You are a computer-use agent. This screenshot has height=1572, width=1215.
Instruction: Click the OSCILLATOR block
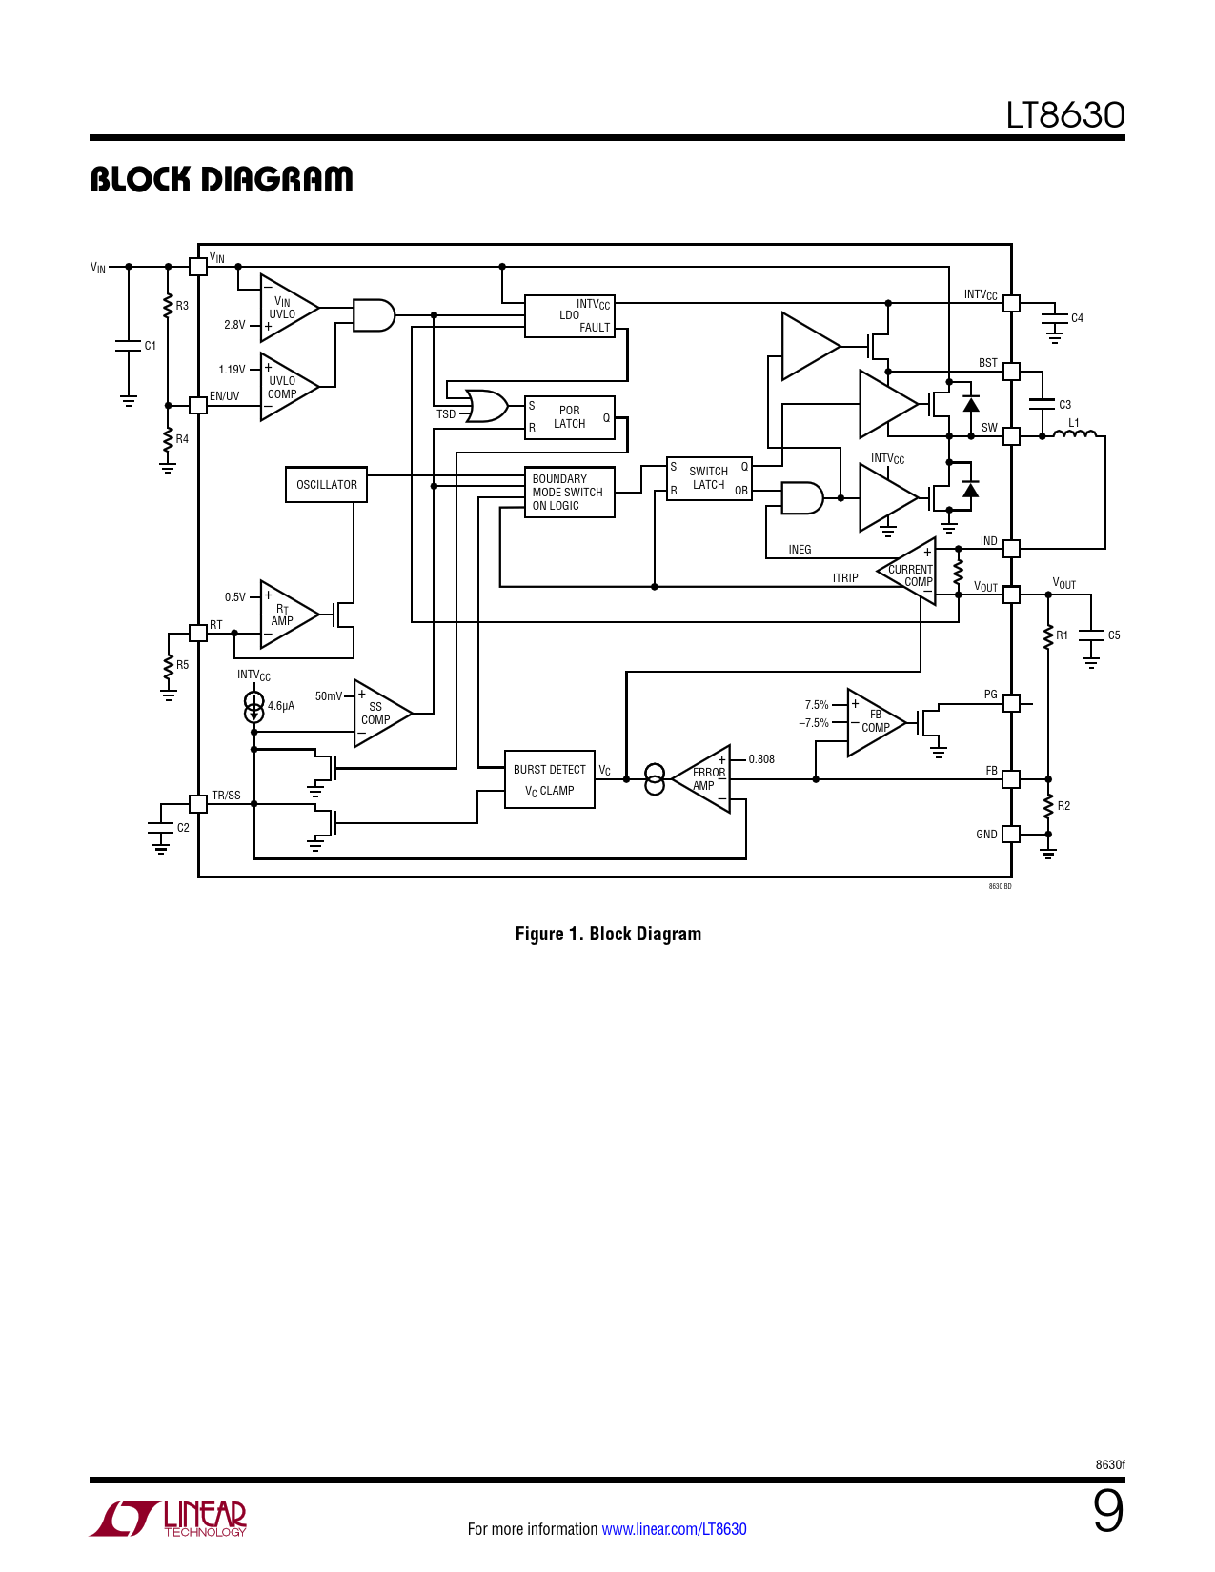pyautogui.click(x=326, y=484)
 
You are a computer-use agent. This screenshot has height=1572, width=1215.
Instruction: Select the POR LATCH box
pyautogui.click(x=569, y=417)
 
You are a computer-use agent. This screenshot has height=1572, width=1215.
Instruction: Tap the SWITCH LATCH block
pyautogui.click(x=708, y=478)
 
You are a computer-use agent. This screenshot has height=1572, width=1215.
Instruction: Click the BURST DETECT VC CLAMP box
pyautogui.click(x=549, y=779)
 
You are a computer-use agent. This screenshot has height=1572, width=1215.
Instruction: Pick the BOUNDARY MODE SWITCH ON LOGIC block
pyautogui.click(x=569, y=492)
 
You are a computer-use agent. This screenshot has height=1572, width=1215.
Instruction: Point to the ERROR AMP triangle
pyautogui.click(x=701, y=779)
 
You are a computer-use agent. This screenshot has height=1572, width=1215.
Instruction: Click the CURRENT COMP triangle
pyautogui.click(x=906, y=571)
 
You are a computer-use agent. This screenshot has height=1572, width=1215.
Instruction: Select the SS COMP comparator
pyautogui.click(x=383, y=714)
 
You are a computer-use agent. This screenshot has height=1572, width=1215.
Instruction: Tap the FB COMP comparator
pyautogui.click(x=877, y=722)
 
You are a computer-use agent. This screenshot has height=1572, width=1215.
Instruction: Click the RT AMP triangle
pyautogui.click(x=290, y=615)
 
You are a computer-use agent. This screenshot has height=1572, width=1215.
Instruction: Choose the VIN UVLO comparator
pyautogui.click(x=290, y=308)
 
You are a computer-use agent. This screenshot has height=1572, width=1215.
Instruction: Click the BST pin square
pyautogui.click(x=1011, y=372)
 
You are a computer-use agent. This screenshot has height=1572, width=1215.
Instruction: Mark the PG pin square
pyautogui.click(x=1011, y=703)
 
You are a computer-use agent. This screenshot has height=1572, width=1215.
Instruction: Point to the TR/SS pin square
pyautogui.click(x=197, y=804)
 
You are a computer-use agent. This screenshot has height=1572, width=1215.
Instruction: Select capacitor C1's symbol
pyautogui.click(x=128, y=345)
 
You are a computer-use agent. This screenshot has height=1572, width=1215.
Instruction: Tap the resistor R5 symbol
pyautogui.click(x=168, y=667)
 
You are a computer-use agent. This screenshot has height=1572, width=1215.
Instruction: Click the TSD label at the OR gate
pyautogui.click(x=446, y=414)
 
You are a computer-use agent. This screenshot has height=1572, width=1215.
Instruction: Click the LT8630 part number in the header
pyautogui.click(x=1065, y=115)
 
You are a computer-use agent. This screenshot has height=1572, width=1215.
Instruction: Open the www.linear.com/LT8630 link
pyautogui.click(x=674, y=1528)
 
